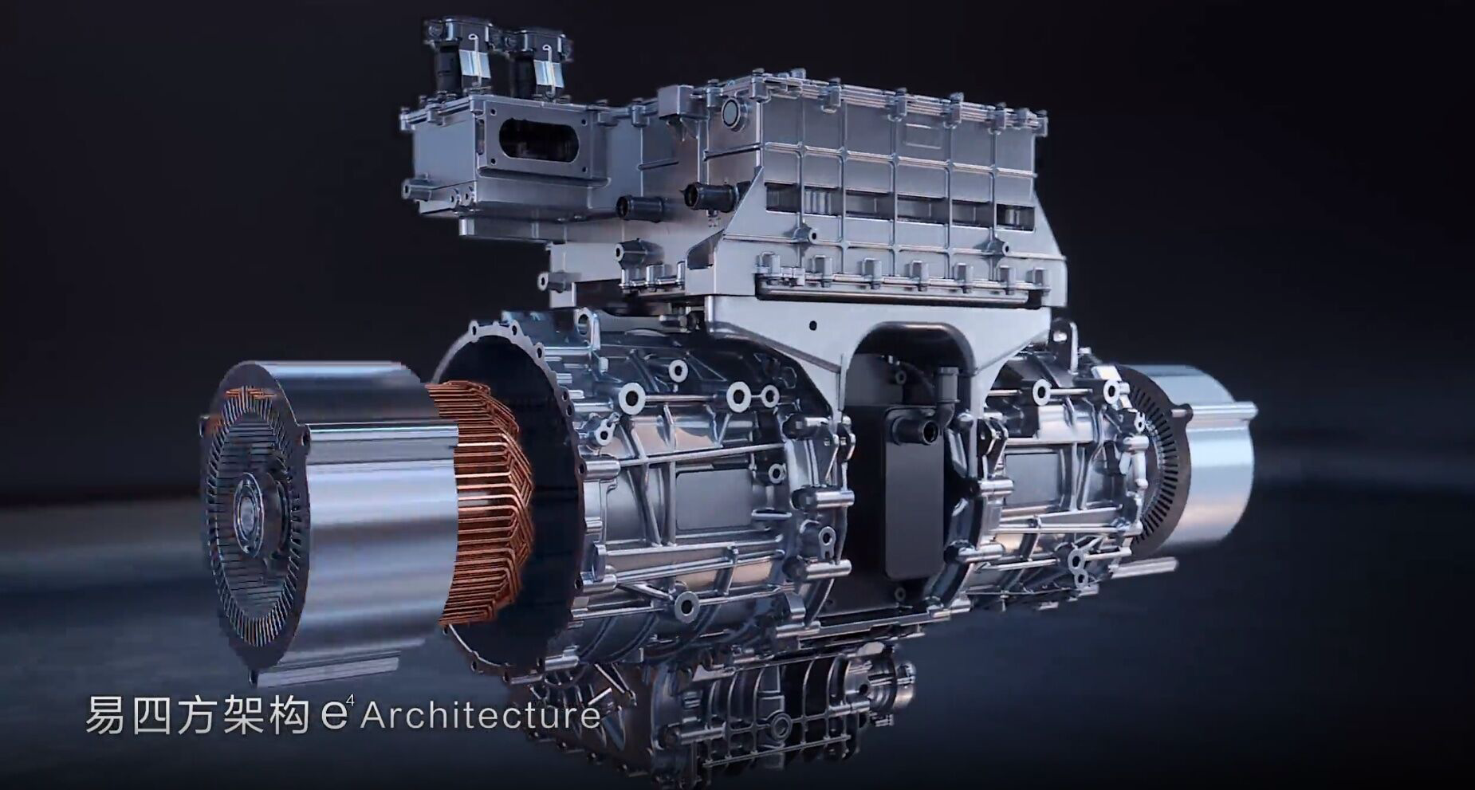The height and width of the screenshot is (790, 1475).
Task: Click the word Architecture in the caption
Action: click(480, 714)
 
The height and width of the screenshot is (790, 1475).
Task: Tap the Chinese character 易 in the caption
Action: click(105, 714)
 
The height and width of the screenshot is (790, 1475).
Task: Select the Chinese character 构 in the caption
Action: click(289, 714)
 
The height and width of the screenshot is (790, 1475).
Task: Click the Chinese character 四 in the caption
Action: click(151, 714)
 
